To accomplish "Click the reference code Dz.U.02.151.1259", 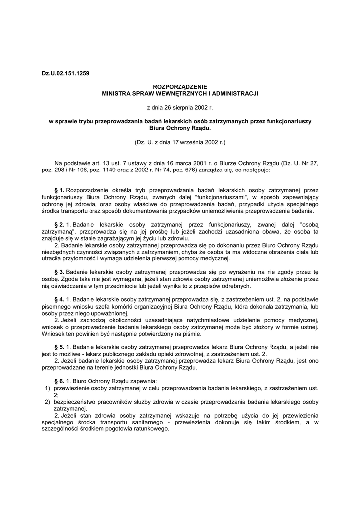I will (x=66, y=74).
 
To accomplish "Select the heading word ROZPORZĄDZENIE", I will (x=180, y=86).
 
